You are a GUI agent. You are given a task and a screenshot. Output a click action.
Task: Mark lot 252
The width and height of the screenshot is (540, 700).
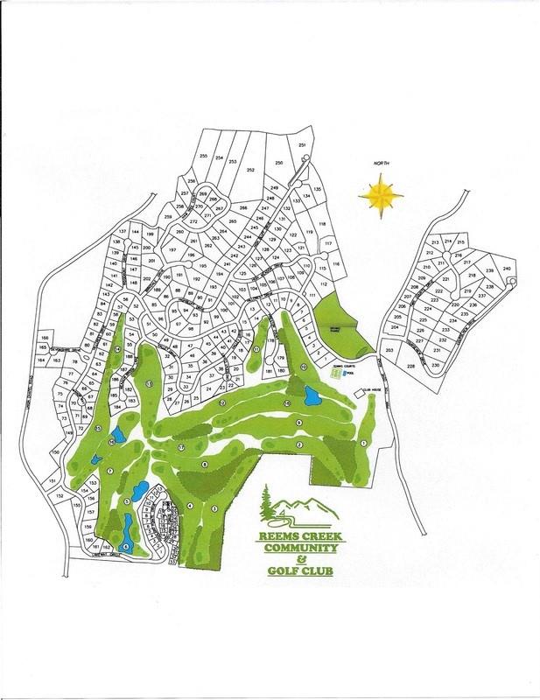click(250, 170)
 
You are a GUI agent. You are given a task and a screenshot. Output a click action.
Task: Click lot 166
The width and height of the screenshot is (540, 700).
click(45, 338)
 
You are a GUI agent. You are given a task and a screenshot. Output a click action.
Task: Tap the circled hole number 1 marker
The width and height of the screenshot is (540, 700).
click(363, 444)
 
